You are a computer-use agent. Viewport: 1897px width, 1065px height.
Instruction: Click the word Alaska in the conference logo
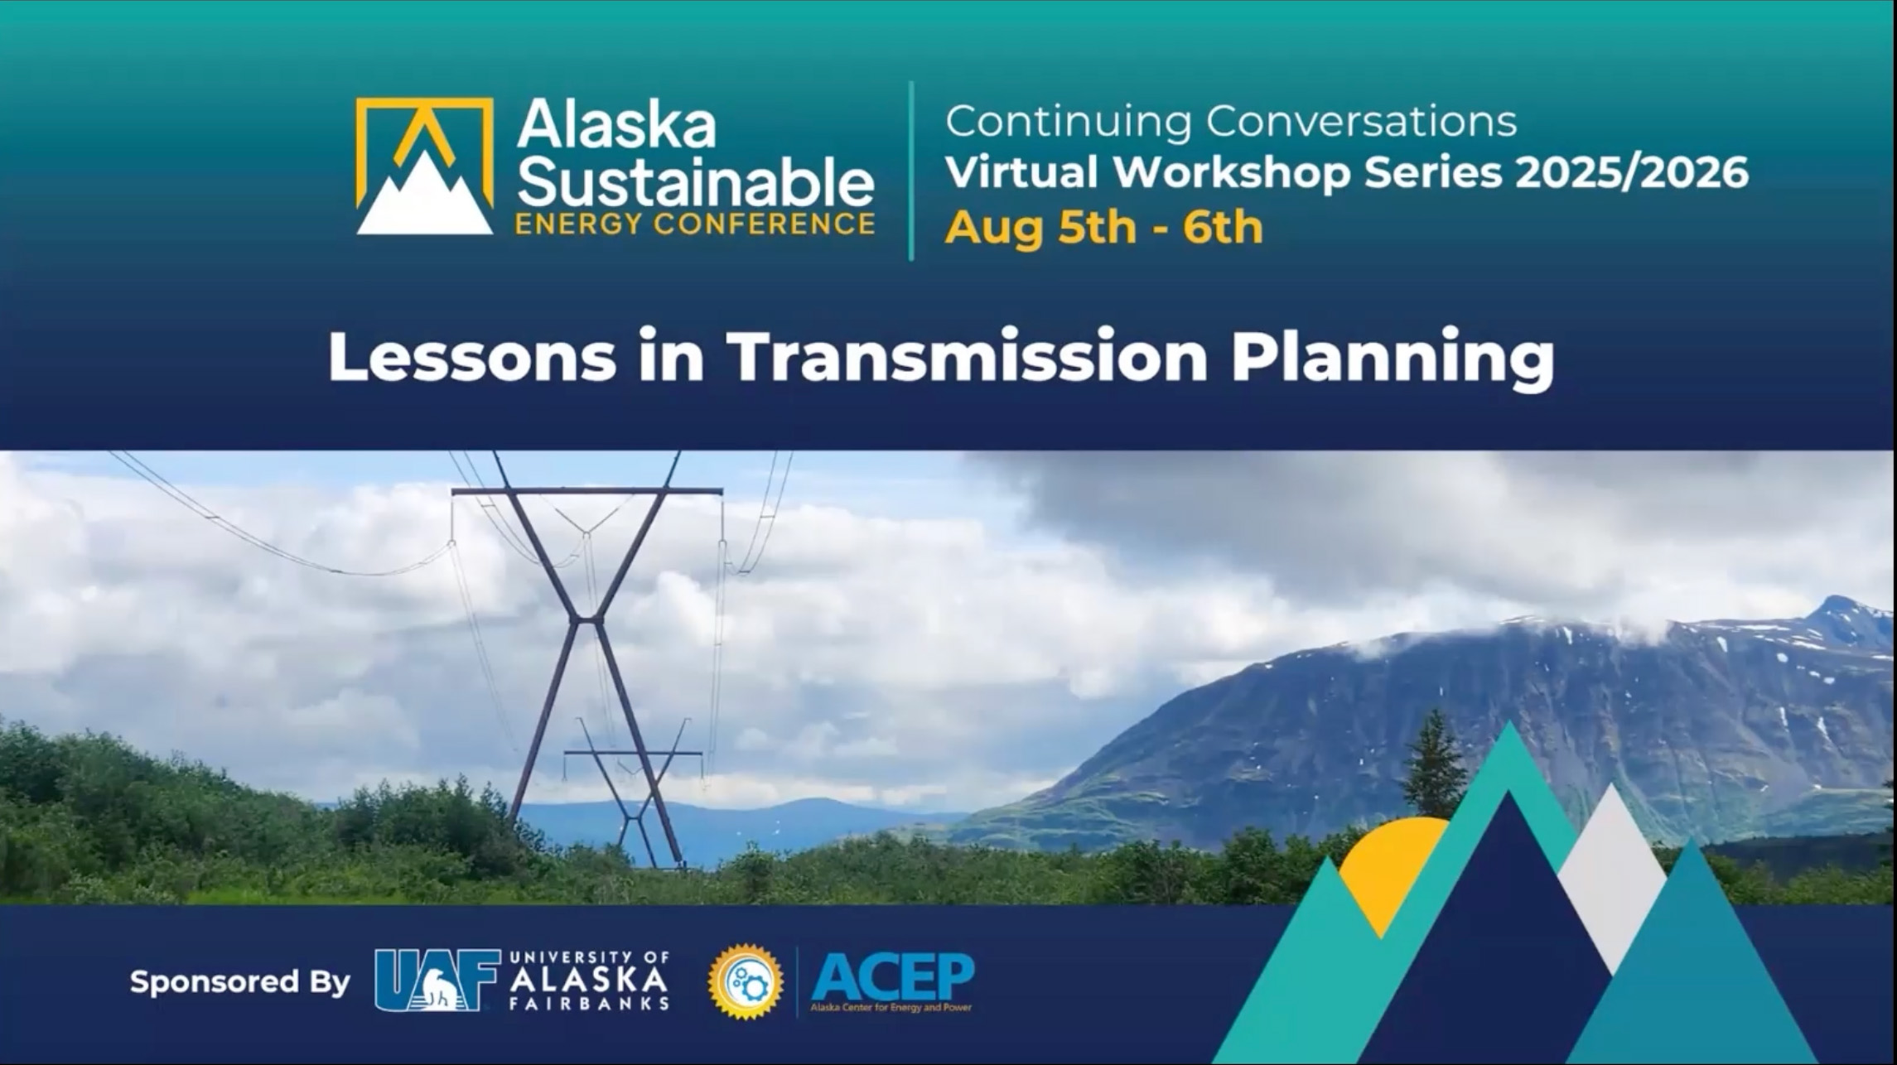pos(616,127)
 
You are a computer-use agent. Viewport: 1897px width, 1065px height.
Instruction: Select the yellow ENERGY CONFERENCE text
pos(694,224)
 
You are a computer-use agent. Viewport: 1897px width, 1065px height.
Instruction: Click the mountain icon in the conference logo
pos(424,166)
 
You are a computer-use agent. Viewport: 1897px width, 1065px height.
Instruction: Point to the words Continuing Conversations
pos(1231,122)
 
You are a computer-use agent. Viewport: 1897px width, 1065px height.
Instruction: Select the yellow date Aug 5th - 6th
pos(1103,227)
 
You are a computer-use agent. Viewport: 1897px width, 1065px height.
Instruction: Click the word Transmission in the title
pos(967,357)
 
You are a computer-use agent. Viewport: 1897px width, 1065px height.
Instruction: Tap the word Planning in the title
pos(1392,359)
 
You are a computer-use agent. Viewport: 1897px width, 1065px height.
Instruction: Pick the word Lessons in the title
pos(472,357)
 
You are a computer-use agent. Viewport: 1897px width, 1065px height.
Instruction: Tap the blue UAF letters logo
pos(437,981)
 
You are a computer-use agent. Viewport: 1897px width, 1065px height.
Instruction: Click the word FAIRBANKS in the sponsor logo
pos(589,1004)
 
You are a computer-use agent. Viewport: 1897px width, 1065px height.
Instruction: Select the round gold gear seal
pos(746,981)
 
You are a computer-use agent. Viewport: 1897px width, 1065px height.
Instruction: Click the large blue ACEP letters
pos(892,977)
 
